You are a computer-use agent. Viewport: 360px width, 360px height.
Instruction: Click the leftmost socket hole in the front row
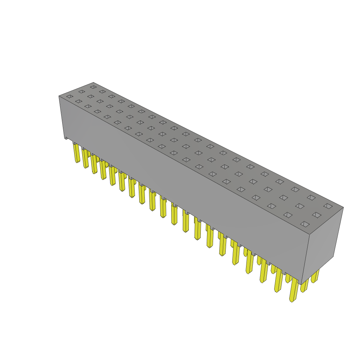[x=70, y=96]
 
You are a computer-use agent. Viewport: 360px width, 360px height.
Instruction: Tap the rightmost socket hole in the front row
[x=305, y=224]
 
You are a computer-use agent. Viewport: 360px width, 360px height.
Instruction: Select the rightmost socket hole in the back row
[x=328, y=206]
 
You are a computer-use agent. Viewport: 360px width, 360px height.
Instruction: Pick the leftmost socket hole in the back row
[x=93, y=87]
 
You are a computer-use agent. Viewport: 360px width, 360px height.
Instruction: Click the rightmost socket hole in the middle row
[x=316, y=215]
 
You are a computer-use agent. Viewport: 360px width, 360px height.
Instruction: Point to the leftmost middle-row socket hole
[x=82, y=91]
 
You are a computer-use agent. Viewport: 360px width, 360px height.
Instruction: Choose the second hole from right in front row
[x=288, y=215]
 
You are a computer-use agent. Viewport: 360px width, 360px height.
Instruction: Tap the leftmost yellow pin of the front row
[x=77, y=153]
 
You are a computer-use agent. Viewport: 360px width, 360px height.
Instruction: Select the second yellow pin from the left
[x=85, y=159]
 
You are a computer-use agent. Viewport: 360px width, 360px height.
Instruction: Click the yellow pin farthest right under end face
[x=315, y=276]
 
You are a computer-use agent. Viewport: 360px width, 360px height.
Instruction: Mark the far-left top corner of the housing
[x=59, y=96]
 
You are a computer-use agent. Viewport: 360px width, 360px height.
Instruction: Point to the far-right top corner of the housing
[x=343, y=207]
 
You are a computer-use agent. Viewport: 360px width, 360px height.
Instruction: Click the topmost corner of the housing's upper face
[x=94, y=83]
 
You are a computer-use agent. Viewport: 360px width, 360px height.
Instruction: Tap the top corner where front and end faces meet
[x=309, y=234]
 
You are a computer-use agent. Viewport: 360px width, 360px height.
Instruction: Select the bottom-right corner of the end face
[x=333, y=257]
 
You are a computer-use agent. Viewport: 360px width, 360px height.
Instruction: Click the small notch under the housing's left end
[x=66, y=138]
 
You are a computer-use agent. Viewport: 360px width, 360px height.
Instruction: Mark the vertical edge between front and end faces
[x=306, y=258]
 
